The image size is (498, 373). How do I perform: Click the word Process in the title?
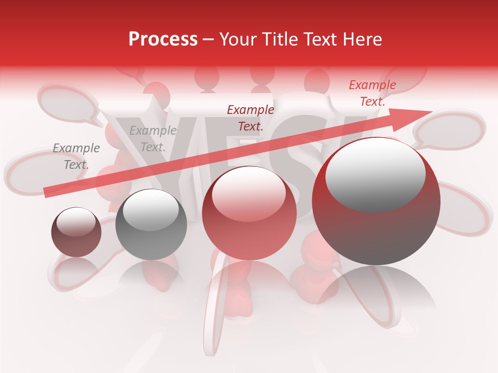click(163, 39)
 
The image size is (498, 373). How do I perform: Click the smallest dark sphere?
click(76, 232)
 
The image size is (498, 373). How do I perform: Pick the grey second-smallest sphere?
click(151, 224)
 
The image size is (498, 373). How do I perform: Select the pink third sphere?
click(250, 213)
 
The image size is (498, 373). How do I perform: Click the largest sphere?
click(376, 201)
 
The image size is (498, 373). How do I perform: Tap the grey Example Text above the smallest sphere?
click(76, 156)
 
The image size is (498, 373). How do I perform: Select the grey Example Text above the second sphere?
click(153, 139)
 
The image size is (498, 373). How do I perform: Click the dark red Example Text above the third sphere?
click(251, 118)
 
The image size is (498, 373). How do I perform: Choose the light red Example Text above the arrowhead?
click(372, 93)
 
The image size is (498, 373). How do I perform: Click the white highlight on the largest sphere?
click(375, 174)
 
